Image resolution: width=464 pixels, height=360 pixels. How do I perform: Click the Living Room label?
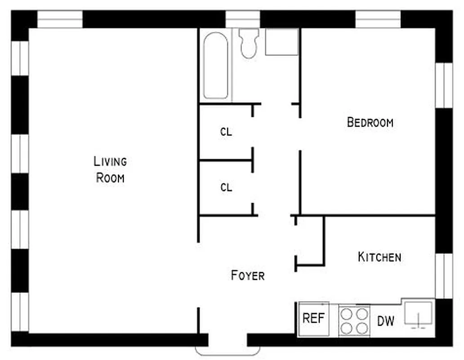[111, 169]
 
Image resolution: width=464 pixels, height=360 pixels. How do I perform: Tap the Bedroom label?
[370, 122]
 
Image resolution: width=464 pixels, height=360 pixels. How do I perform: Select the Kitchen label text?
[379, 257]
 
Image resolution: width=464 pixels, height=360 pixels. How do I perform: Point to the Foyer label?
[248, 275]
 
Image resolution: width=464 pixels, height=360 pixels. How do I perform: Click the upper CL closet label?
[226, 132]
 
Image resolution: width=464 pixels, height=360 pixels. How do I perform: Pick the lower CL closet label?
[226, 187]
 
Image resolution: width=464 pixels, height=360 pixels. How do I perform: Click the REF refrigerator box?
[314, 319]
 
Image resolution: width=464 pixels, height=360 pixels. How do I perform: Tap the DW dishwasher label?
[386, 321]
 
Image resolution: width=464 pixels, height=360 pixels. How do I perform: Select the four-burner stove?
[354, 320]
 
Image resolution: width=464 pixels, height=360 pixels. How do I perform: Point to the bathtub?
[216, 66]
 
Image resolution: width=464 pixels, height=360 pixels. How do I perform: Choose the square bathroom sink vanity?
[282, 42]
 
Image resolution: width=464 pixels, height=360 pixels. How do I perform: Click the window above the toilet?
[242, 19]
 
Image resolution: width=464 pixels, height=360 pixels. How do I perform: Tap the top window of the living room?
[60, 19]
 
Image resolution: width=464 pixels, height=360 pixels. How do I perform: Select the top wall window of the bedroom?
[378, 19]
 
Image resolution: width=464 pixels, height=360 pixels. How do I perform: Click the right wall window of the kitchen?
[444, 276]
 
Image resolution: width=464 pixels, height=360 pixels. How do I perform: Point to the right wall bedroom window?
[444, 85]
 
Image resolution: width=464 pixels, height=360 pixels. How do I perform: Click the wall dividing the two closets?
[225, 160]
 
